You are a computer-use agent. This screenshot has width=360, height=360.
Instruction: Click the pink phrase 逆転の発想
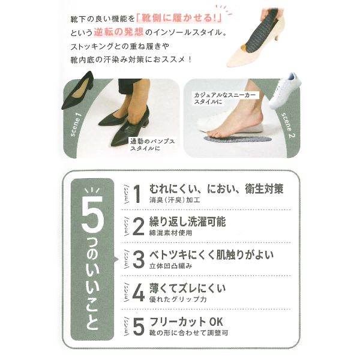(119, 32)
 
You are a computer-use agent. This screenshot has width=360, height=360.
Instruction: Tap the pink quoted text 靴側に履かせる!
(179, 19)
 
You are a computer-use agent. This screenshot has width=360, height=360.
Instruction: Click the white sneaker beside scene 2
(284, 91)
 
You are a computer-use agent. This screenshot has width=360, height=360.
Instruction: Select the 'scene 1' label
(76, 124)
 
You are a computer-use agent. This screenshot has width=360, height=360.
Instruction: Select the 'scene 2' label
(288, 125)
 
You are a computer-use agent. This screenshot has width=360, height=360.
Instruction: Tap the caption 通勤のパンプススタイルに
(152, 145)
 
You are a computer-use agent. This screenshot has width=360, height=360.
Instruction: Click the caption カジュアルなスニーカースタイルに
(225, 98)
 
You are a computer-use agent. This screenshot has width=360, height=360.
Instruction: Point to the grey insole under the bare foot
(238, 139)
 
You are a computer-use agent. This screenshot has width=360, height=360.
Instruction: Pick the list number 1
(137, 194)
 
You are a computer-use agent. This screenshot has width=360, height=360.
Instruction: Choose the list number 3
(139, 260)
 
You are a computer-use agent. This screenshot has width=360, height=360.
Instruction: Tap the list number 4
(139, 293)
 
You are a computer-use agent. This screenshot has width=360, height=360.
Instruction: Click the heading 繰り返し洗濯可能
(187, 221)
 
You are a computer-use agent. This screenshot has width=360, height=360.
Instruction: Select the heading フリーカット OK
(186, 322)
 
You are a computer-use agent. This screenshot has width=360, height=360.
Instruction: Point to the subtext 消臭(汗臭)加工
(175, 200)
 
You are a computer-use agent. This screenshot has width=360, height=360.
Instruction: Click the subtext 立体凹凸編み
(170, 266)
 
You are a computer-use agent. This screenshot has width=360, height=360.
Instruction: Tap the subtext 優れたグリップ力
(178, 299)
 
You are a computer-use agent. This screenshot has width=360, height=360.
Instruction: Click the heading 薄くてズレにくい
(187, 288)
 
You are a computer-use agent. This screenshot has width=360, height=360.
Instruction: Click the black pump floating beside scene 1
(77, 91)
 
